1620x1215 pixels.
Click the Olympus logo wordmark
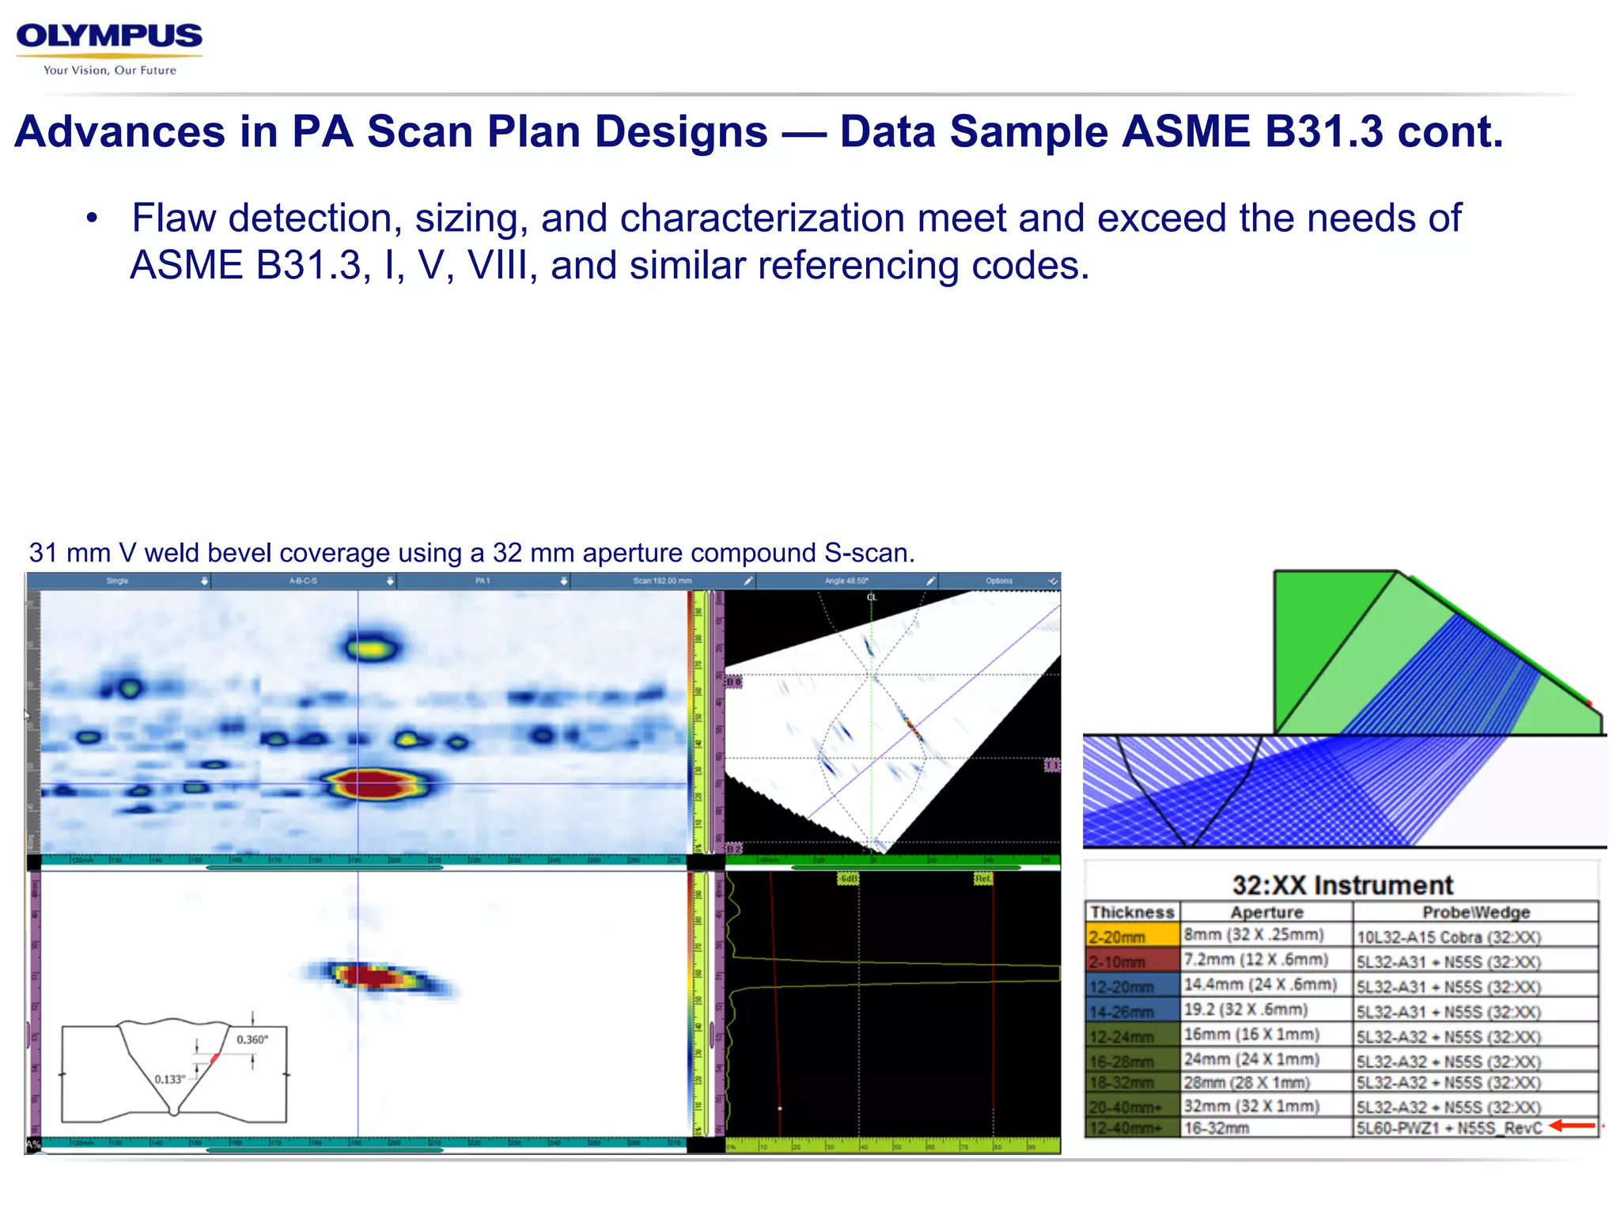[x=109, y=36]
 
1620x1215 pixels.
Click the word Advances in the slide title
[x=119, y=131]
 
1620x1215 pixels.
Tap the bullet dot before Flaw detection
[x=93, y=218]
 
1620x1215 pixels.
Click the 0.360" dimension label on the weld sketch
[x=252, y=1039]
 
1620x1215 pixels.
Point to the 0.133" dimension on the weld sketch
[x=170, y=1079]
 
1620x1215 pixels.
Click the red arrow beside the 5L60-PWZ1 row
[x=1573, y=1126]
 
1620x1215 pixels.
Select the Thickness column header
[x=1132, y=912]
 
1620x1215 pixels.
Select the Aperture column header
[x=1266, y=912]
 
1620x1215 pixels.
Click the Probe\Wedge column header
[x=1475, y=912]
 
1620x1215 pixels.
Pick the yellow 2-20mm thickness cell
[x=1132, y=937]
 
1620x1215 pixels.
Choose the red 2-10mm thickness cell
[x=1132, y=962]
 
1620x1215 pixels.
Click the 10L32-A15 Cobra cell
[x=1448, y=937]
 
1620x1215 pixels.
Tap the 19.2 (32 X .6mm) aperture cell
[x=1245, y=1009]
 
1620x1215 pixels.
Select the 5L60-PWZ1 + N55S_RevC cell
[x=1448, y=1128]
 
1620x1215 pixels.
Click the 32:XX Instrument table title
[x=1342, y=884]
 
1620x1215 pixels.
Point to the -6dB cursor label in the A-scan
[x=848, y=879]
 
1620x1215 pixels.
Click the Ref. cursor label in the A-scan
[x=982, y=879]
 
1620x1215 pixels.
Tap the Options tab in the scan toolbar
[x=999, y=581]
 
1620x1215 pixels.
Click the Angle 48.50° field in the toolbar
[x=846, y=581]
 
